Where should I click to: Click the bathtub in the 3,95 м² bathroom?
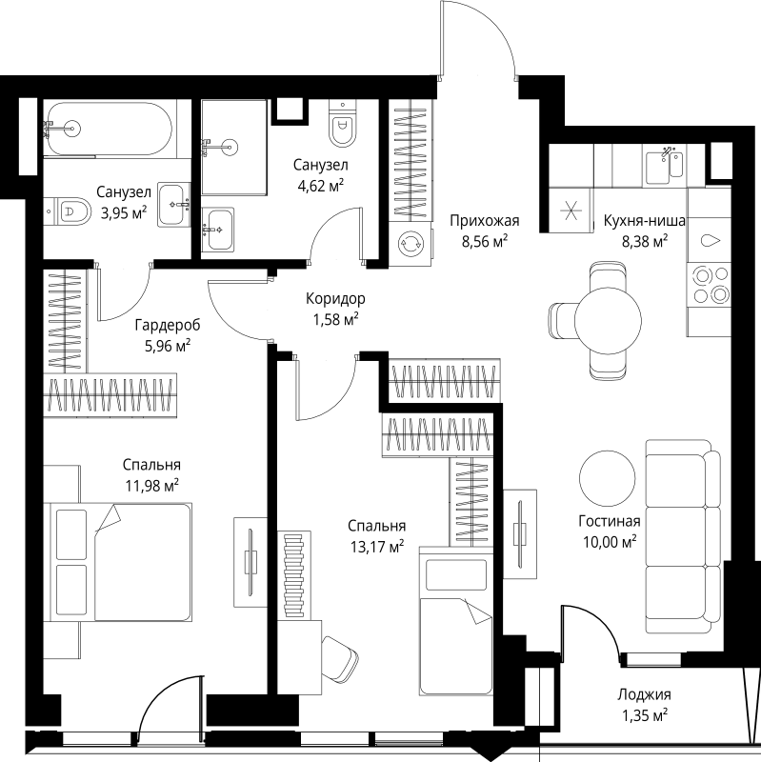tap(108, 128)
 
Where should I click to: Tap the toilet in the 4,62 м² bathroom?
tap(343, 123)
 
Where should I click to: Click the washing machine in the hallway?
tap(411, 244)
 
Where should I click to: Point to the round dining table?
tap(608, 321)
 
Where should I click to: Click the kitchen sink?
tap(664, 165)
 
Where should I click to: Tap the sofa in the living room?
tap(683, 537)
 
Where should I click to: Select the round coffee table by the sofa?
tap(607, 478)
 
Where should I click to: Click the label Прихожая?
tap(485, 221)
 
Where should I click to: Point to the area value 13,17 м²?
tap(377, 547)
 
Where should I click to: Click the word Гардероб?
tap(168, 324)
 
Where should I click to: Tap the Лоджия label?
tap(644, 694)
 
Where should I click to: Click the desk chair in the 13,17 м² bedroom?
tap(340, 659)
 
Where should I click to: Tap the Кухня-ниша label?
tap(645, 221)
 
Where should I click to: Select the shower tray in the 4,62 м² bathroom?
tap(234, 148)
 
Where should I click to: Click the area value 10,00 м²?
tap(610, 542)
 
